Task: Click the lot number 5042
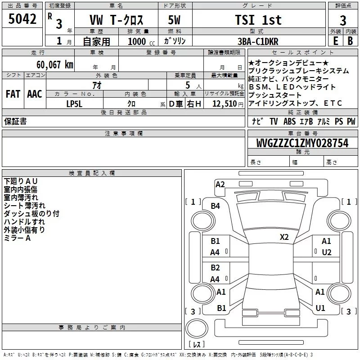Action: point(22,19)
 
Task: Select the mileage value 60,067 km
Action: point(55,65)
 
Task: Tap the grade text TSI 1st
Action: point(258,20)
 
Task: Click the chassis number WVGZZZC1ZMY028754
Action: point(302,143)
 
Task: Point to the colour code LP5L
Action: point(74,104)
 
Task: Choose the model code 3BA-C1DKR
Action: point(258,41)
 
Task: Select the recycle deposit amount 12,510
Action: point(225,104)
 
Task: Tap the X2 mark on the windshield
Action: point(284,237)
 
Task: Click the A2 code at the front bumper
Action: point(220,184)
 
